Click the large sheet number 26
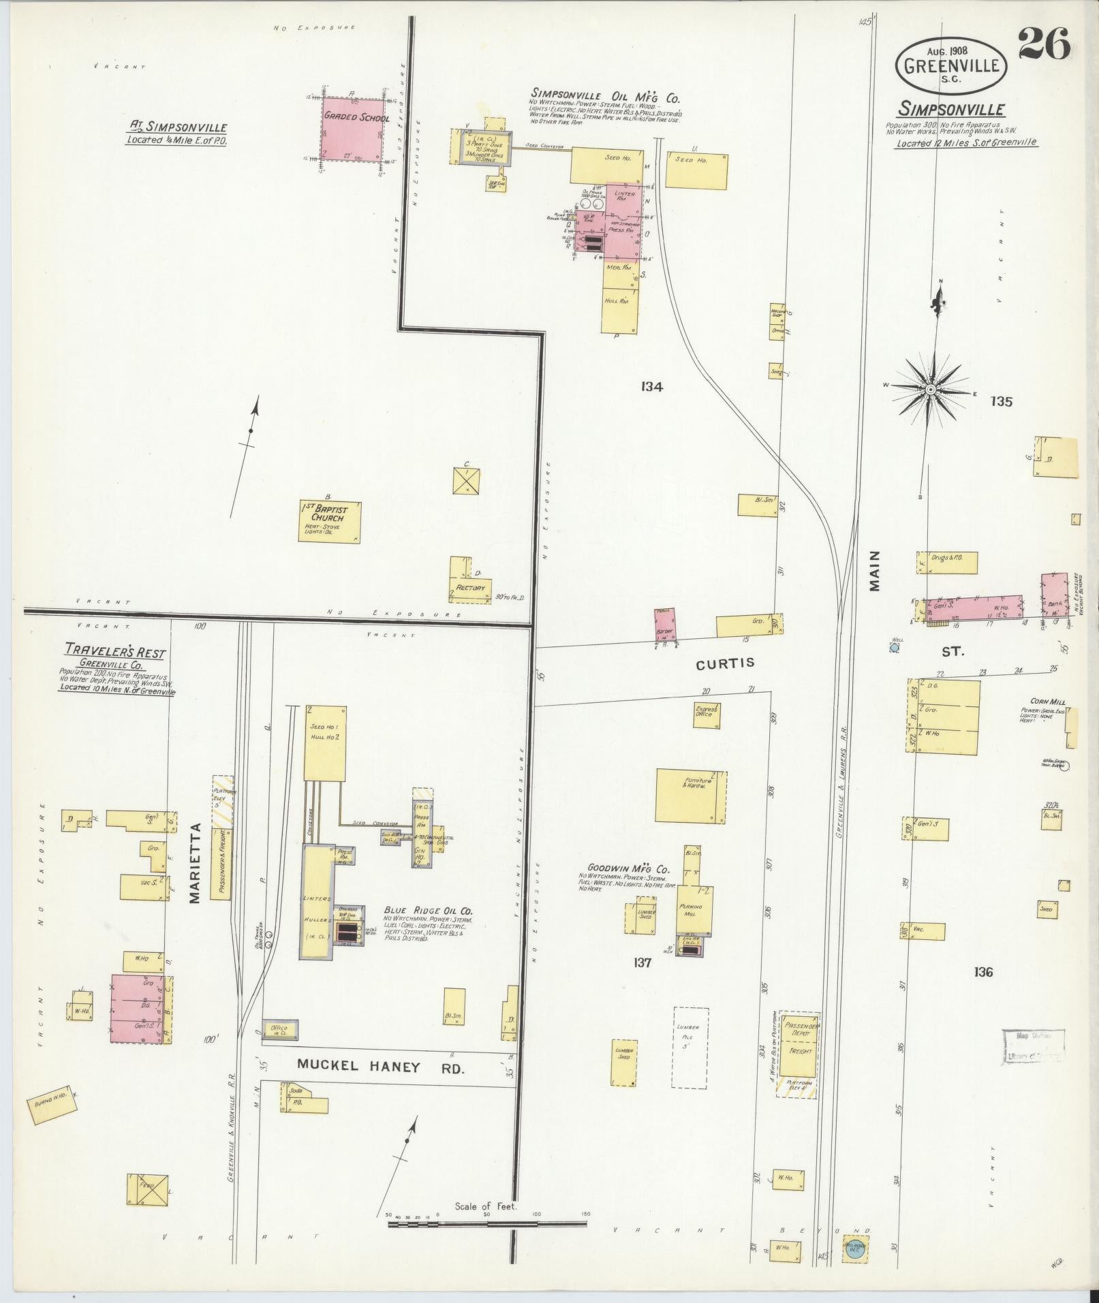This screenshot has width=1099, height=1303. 1044,46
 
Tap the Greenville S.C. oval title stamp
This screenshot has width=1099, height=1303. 953,65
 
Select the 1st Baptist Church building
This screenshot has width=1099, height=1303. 330,522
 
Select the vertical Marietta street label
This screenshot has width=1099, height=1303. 196,863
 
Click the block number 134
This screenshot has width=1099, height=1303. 651,387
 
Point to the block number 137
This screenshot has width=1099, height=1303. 642,962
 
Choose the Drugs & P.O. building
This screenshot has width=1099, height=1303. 947,562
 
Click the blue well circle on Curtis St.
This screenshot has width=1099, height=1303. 895,648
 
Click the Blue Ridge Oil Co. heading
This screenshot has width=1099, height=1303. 428,911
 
